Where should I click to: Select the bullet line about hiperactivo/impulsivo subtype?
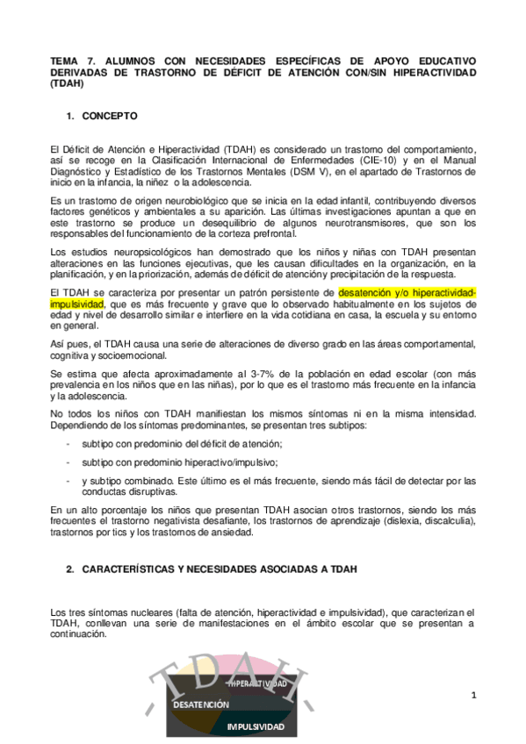click(180, 461)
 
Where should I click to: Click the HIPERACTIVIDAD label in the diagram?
click(256, 683)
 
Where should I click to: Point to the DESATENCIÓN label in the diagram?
click(201, 705)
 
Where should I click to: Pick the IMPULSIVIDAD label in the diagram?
click(256, 726)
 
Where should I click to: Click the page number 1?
click(472, 696)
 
